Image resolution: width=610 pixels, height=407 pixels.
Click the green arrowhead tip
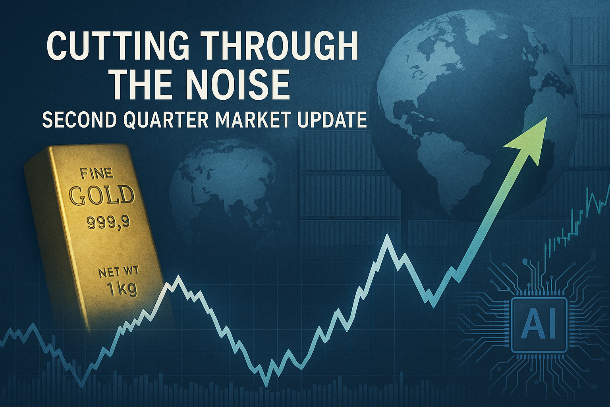[x=547, y=118]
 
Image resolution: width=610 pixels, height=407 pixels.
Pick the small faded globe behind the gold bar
[x=223, y=194]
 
